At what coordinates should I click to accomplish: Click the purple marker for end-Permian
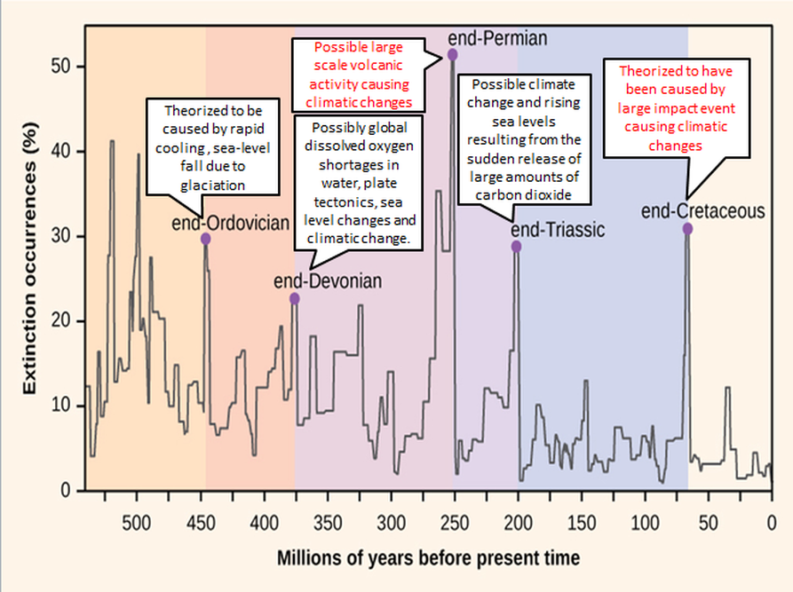click(x=453, y=55)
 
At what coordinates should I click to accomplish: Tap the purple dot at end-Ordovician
click(x=206, y=239)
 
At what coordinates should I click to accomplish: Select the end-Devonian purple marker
click(x=295, y=299)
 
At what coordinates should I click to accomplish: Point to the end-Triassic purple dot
click(x=516, y=247)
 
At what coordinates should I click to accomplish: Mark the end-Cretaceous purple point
click(x=687, y=229)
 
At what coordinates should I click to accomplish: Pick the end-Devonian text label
click(x=328, y=281)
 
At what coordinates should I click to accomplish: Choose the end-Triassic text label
click(x=558, y=229)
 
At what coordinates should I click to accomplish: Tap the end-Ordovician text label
click(x=231, y=223)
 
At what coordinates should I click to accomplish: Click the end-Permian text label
click(x=497, y=37)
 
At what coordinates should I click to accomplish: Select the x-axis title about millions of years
click(x=429, y=558)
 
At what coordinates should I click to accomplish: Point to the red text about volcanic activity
click(x=359, y=74)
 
